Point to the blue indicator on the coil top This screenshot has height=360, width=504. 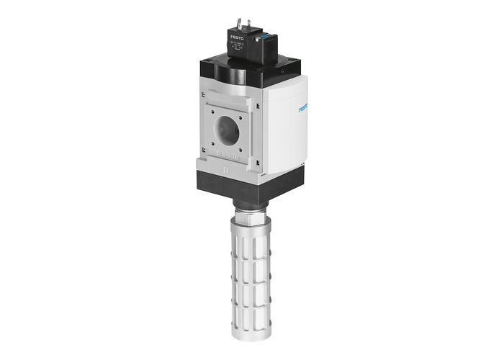coord(266,36)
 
